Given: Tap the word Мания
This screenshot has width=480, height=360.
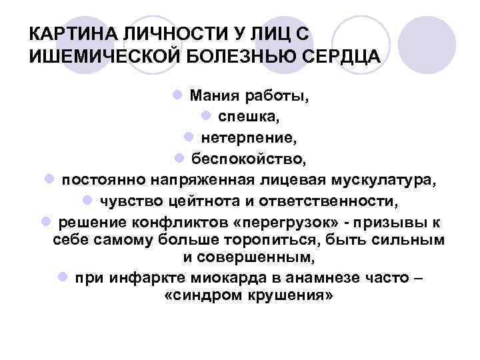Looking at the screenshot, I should tap(211, 95).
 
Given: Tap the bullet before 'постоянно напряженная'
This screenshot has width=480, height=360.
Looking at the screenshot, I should tap(49, 180).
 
